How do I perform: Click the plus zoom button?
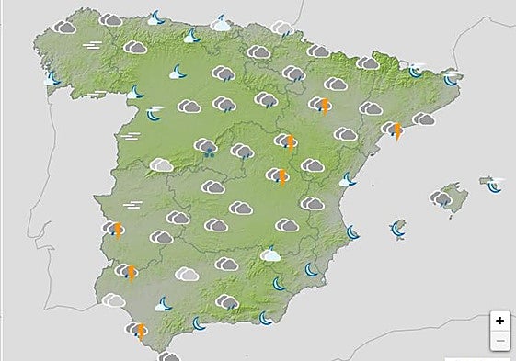click(499, 321)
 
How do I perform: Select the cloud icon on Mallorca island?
click(442, 199)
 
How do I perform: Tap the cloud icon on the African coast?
click(168, 355)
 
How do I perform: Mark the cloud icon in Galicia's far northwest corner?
click(64, 28)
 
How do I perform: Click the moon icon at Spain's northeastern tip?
click(451, 78)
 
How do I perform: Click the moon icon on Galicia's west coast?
click(53, 80)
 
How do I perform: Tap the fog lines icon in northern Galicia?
click(92, 44)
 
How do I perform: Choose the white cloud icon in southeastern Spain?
click(270, 254)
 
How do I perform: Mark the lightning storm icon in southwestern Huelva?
click(129, 271)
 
